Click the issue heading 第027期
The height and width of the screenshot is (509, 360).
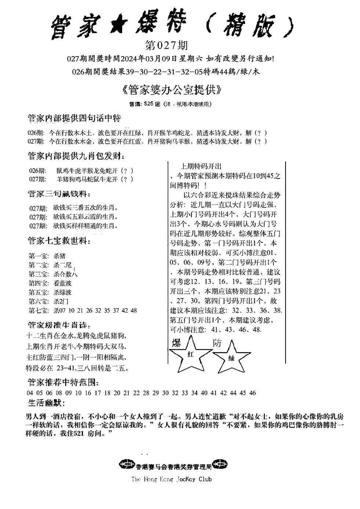(167, 45)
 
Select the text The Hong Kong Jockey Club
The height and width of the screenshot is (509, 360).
(171, 479)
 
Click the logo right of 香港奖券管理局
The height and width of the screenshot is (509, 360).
(221, 464)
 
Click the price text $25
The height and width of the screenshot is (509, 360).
(149, 104)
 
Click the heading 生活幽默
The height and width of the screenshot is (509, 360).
(46, 403)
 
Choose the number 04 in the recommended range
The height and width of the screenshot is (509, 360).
(30, 393)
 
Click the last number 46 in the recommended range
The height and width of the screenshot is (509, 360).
(252, 393)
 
